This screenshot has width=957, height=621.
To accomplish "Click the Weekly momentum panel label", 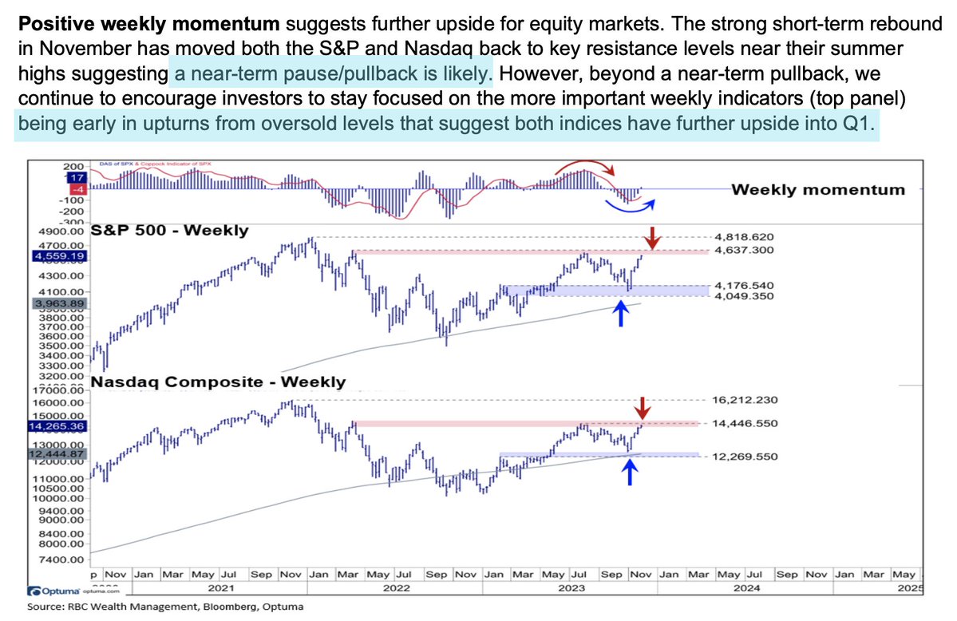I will click(818, 189).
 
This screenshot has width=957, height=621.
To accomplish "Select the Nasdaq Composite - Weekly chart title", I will click(218, 383).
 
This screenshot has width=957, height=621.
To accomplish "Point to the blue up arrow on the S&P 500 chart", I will click(619, 313).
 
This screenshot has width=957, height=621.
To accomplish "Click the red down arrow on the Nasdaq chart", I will click(643, 408).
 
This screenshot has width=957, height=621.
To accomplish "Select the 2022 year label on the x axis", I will click(395, 588).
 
